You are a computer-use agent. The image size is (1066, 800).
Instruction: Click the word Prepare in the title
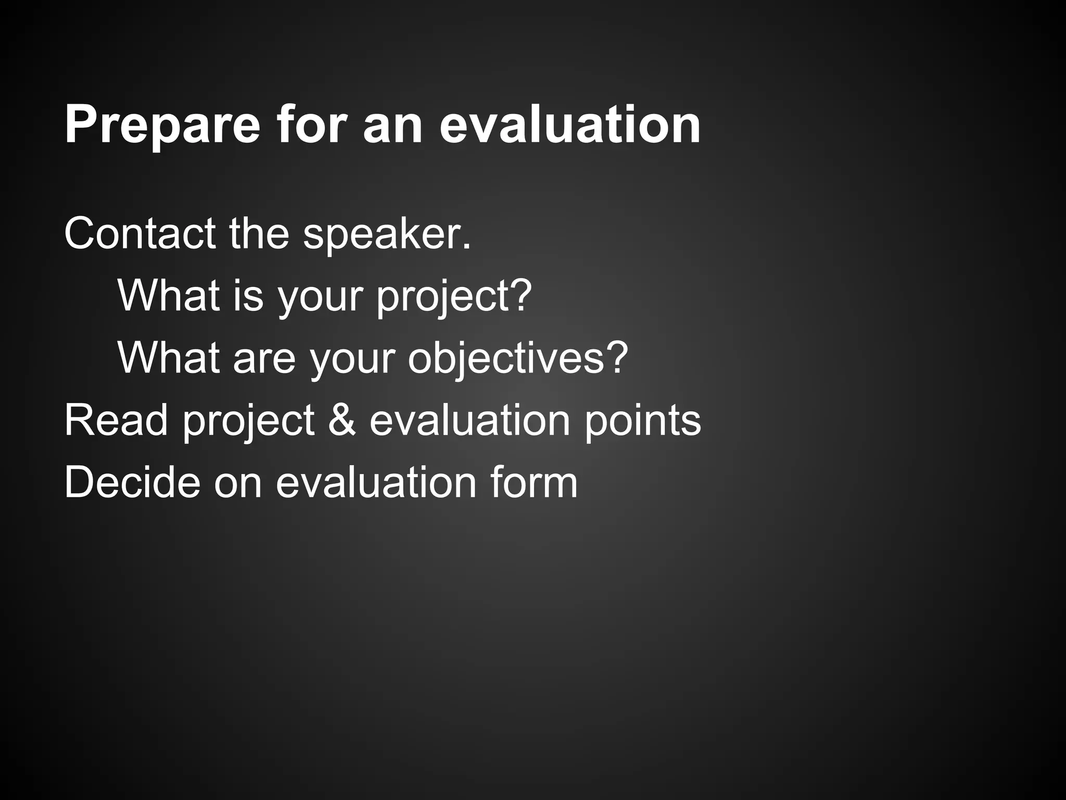pos(162,126)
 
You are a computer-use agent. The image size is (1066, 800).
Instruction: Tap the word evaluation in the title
pos(570,124)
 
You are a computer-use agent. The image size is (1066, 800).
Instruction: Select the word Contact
pos(139,234)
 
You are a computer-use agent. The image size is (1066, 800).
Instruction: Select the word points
pos(642,421)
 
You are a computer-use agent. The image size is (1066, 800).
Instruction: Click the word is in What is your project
pos(247,296)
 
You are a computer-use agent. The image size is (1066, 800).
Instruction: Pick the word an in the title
pos(392,126)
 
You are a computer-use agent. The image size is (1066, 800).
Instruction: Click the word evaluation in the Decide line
pos(375,482)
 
